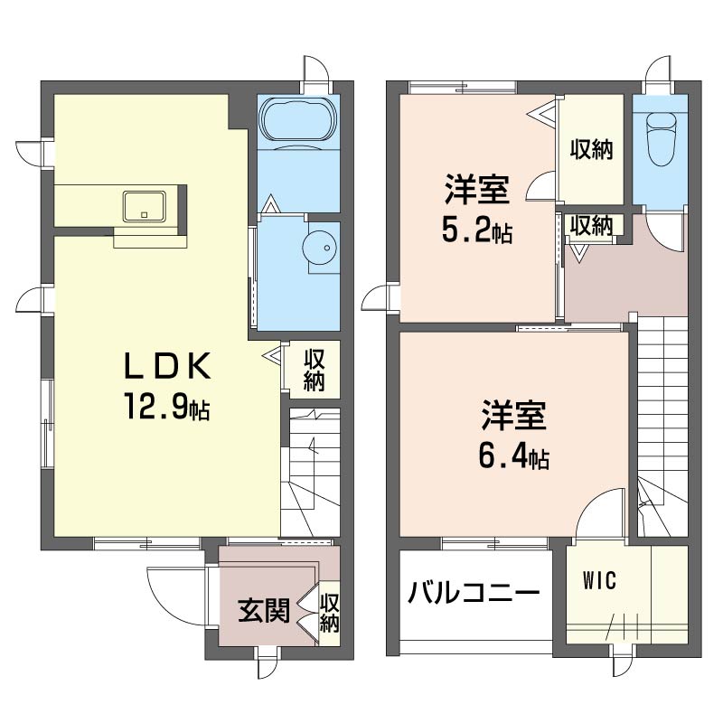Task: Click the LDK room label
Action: (x=168, y=366)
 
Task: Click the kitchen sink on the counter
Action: (x=144, y=206)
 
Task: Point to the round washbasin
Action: (x=321, y=248)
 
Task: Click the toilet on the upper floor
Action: (x=662, y=138)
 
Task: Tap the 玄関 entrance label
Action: (x=264, y=611)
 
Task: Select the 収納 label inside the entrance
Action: (x=330, y=614)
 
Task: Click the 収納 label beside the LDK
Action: (x=314, y=371)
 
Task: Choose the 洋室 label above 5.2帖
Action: (x=477, y=189)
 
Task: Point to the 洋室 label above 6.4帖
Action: (x=513, y=415)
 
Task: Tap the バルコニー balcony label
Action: (x=473, y=592)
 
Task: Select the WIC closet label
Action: (x=599, y=580)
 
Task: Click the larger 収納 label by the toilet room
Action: (x=591, y=150)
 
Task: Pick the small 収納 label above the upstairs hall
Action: (x=591, y=225)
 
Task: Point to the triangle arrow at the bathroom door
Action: (x=269, y=204)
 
